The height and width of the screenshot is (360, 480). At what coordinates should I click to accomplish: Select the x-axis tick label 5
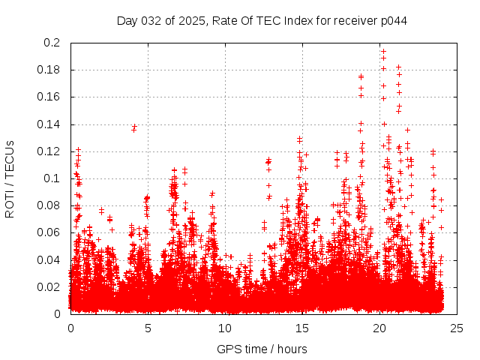148,328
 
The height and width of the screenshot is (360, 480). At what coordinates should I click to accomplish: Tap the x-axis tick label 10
225,328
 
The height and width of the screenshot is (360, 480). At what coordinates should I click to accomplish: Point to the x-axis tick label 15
302,328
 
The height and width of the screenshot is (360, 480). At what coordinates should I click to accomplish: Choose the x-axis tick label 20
379,328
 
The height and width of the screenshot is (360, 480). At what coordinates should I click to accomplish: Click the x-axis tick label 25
457,328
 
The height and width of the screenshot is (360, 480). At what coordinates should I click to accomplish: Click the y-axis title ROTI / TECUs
10,178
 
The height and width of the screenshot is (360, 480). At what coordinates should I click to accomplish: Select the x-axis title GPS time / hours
262,349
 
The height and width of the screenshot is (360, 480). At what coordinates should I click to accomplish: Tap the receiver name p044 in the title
392,20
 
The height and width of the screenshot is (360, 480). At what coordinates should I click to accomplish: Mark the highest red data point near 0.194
383,52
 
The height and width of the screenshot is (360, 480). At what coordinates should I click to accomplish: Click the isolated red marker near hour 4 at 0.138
134,127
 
